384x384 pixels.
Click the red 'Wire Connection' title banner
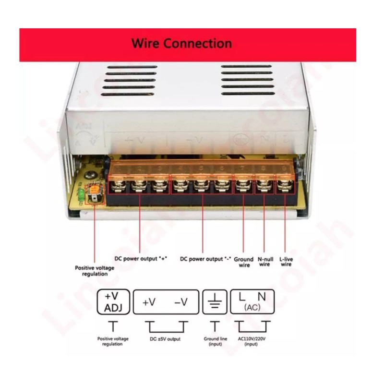(187, 44)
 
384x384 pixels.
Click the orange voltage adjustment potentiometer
(94, 192)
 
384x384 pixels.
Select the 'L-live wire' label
(286, 262)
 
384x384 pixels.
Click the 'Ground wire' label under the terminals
(244, 262)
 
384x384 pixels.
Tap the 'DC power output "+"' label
(141, 258)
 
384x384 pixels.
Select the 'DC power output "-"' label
(205, 259)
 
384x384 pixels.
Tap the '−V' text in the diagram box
(181, 303)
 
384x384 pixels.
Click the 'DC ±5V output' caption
(165, 339)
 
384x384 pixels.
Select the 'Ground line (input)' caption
(215, 341)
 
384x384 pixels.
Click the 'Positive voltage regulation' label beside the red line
(95, 271)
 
